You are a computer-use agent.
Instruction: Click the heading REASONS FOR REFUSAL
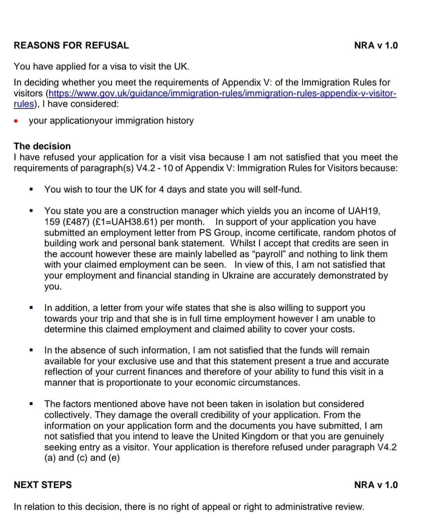point(71,45)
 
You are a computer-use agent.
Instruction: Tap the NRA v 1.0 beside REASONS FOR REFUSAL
point(376,45)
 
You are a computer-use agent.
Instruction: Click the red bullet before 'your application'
point(16,121)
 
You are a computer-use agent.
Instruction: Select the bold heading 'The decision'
point(42,146)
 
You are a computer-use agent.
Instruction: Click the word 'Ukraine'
point(239,276)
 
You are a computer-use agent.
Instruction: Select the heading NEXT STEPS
point(43,485)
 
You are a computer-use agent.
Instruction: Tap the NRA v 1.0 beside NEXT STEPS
point(376,485)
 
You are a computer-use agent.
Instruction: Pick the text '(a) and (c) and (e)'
point(82,458)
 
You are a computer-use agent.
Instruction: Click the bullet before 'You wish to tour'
point(30,190)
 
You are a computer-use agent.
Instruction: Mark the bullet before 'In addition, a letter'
point(30,308)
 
